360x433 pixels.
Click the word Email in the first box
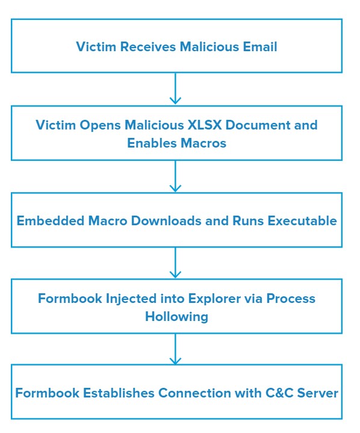(x=260, y=46)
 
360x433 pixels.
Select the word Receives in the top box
(x=148, y=46)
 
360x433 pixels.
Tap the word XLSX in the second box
(x=205, y=125)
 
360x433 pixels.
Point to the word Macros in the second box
(x=203, y=143)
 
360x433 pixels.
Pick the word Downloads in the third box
(x=166, y=220)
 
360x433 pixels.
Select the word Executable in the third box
(x=302, y=220)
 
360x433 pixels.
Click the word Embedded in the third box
(x=50, y=220)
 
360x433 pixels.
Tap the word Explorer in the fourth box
(x=214, y=299)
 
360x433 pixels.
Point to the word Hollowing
(x=176, y=317)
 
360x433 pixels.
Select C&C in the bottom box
(x=279, y=393)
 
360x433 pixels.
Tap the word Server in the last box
(x=317, y=393)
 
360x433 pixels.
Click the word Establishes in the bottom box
(x=119, y=393)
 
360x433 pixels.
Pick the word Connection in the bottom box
(x=194, y=393)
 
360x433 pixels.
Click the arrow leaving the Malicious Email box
(x=175, y=89)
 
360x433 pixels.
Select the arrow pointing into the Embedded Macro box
(x=175, y=176)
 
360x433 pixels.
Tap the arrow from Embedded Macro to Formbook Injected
(x=175, y=263)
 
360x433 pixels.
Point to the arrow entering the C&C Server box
(x=175, y=349)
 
